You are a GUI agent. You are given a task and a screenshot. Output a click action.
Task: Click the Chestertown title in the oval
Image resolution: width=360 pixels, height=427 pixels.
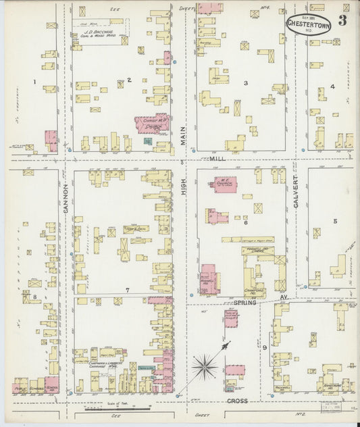307,23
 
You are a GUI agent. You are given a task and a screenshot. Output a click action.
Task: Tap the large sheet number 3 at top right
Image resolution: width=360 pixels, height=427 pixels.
344,20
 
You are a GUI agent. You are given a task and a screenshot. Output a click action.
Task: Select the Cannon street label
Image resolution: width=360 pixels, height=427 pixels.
66,198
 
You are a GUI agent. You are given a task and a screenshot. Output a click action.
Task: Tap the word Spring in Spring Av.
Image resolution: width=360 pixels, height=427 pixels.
246,303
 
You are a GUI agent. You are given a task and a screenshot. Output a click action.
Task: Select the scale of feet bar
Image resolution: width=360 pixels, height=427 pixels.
108,409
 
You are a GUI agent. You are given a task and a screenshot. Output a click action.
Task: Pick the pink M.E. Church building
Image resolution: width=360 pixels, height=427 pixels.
225,184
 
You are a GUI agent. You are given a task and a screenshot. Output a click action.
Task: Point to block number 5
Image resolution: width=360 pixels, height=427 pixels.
334,221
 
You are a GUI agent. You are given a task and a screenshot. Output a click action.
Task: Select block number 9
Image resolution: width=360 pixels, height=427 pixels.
265,348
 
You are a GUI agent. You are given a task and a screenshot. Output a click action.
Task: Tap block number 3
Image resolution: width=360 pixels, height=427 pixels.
246,83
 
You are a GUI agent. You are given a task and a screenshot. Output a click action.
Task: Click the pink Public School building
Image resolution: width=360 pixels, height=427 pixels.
20,388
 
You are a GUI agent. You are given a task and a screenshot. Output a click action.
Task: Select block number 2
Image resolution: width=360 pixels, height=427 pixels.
129,80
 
